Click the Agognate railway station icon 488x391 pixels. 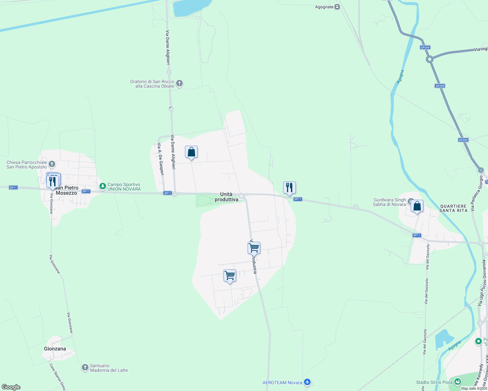(337, 7)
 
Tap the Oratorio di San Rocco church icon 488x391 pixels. (179, 83)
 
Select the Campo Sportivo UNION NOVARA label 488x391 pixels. (124, 187)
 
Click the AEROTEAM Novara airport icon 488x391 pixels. (307, 382)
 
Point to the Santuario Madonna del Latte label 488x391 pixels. (109, 368)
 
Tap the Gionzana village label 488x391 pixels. (55, 349)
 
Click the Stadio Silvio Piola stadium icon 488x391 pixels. (458, 382)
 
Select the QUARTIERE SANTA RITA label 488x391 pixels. (453, 208)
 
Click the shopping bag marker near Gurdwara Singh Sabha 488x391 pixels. (417, 207)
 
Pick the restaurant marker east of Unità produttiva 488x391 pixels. (289, 188)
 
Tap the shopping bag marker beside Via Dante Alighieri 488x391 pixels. (191, 152)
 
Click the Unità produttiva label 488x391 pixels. (226, 197)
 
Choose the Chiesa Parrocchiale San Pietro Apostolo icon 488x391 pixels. (52, 164)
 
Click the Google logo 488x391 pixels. (11, 387)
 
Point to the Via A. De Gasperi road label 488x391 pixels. (160, 159)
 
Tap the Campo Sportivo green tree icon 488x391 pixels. (103, 186)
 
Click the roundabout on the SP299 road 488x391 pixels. (430, 59)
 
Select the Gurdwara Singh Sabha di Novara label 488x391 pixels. (389, 202)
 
